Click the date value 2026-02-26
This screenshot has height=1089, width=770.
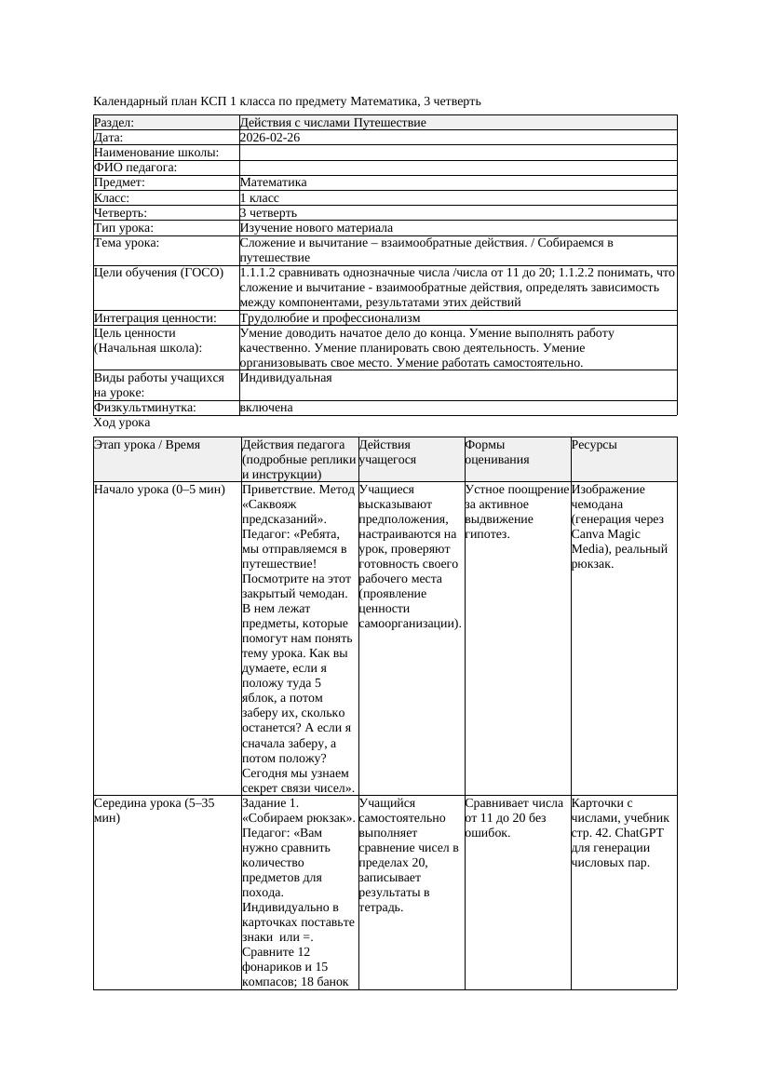270,138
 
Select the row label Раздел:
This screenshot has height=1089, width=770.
115,123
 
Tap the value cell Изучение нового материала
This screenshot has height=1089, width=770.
316,228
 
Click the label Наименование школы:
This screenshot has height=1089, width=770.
156,153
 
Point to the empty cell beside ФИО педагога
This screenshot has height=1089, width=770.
456,168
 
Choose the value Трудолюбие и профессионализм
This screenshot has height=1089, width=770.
330,318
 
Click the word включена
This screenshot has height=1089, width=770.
266,408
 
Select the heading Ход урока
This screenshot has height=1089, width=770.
122,423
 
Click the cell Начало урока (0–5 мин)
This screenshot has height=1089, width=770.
160,490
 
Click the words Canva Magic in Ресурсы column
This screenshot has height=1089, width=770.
605,534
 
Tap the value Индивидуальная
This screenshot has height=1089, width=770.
286,379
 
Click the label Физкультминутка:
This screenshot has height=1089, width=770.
144,408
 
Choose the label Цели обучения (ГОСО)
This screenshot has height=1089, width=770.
159,274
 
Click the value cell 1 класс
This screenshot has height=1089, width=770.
260,198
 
